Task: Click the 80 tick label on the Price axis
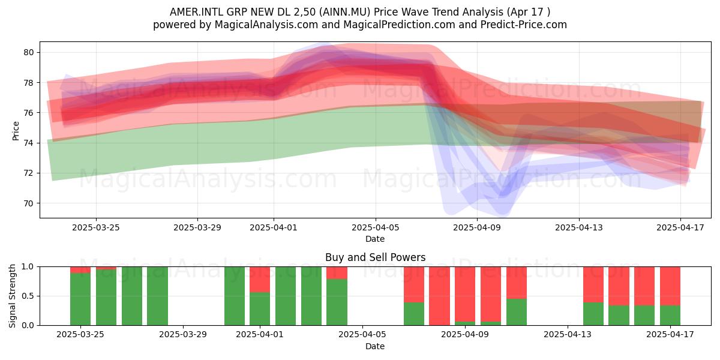click(29, 52)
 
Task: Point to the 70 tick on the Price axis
click(29, 203)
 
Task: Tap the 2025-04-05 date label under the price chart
click(375, 227)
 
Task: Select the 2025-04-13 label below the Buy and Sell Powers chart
click(568, 335)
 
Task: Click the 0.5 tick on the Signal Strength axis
click(28, 296)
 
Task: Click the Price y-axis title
click(16, 131)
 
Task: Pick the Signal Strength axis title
click(12, 296)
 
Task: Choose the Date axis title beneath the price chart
click(375, 239)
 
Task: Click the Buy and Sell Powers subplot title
click(375, 257)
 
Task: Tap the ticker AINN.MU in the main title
click(344, 12)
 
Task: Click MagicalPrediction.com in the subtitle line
click(399, 25)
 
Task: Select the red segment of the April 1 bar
click(260, 280)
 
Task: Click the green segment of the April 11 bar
click(517, 312)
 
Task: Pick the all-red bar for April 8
click(439, 296)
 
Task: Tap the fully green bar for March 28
click(157, 296)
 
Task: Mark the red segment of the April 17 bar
click(670, 286)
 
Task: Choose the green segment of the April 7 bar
click(414, 314)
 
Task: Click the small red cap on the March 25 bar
click(80, 270)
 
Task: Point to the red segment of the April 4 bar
click(337, 273)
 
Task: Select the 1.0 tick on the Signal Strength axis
click(28, 267)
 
